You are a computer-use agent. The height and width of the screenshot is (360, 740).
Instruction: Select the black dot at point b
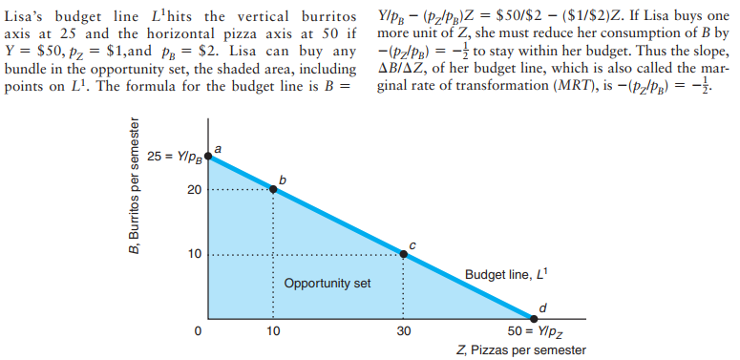274,189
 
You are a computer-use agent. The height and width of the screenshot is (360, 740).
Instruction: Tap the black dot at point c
403,254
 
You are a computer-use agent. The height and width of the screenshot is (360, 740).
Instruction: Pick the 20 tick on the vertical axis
194,190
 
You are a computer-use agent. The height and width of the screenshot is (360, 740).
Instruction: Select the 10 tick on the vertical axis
194,255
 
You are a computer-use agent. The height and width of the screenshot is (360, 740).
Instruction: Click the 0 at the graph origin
197,332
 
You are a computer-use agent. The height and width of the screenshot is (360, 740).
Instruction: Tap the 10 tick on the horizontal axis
274,332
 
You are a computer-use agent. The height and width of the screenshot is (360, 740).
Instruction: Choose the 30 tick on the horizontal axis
403,332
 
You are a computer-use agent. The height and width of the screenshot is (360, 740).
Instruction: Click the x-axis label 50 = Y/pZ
535,332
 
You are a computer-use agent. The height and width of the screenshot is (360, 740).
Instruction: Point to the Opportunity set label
327,285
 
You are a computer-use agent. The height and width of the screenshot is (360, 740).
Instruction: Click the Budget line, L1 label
504,275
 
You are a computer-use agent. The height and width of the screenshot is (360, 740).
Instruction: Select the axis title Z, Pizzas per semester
522,349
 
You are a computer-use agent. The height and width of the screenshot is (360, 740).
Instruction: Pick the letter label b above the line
282,177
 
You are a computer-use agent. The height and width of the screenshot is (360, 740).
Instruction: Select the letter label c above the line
412,244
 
